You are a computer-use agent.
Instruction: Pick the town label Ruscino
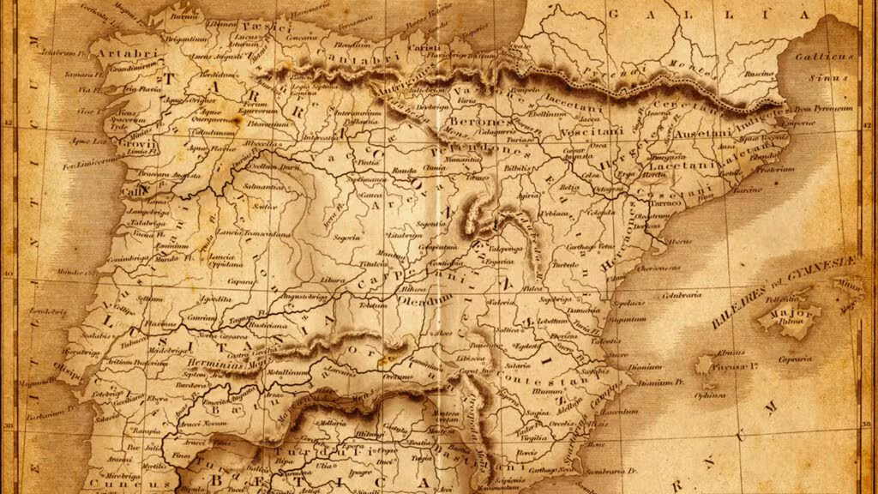[x=758, y=74]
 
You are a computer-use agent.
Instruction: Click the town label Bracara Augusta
[x=171, y=174]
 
